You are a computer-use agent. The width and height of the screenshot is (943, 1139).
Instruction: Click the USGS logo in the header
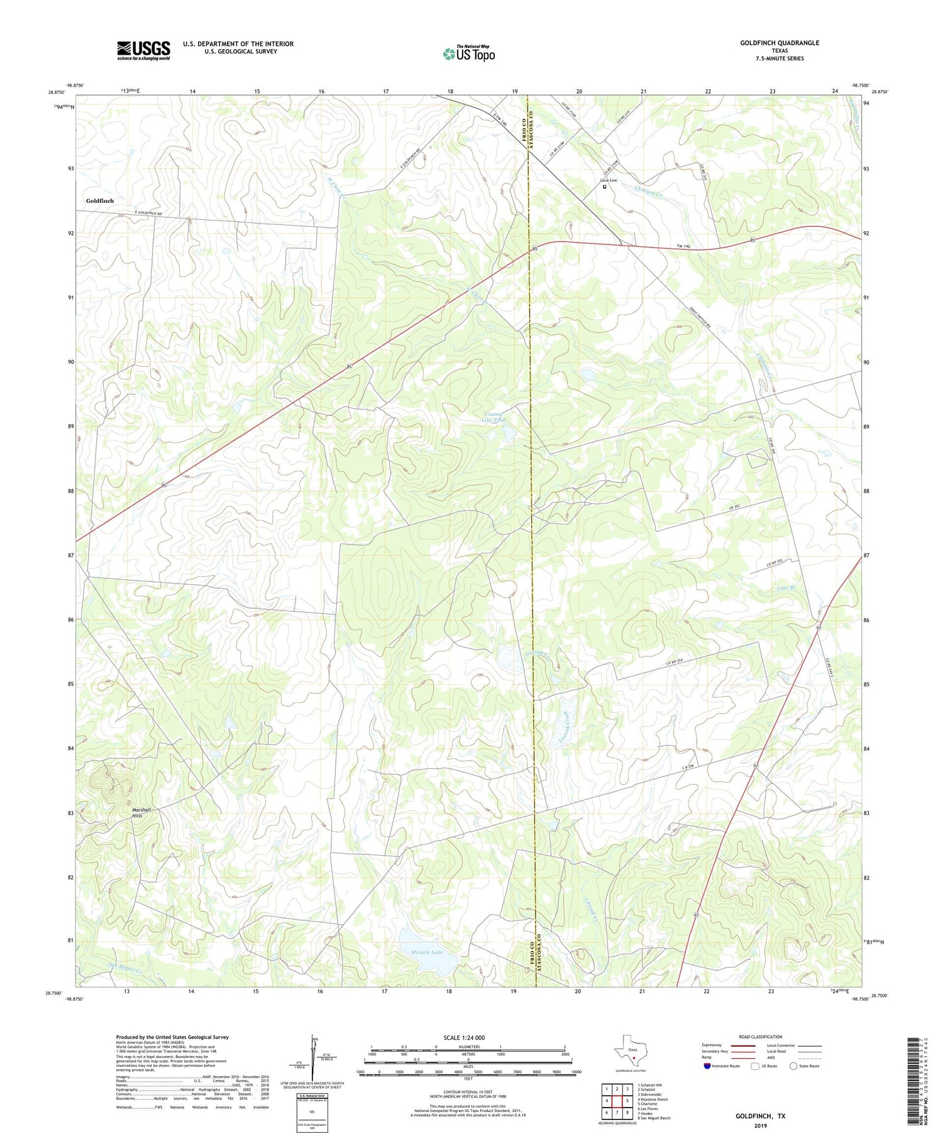(x=143, y=50)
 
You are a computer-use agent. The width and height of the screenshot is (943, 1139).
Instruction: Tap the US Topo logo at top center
(x=468, y=53)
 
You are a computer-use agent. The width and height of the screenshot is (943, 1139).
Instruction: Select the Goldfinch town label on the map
(x=100, y=200)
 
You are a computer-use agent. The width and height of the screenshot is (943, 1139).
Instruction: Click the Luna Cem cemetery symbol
(x=605, y=187)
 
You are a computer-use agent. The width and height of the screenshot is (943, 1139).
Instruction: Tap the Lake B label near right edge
(x=786, y=588)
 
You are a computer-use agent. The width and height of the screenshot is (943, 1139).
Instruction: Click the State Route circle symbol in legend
(x=793, y=1066)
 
